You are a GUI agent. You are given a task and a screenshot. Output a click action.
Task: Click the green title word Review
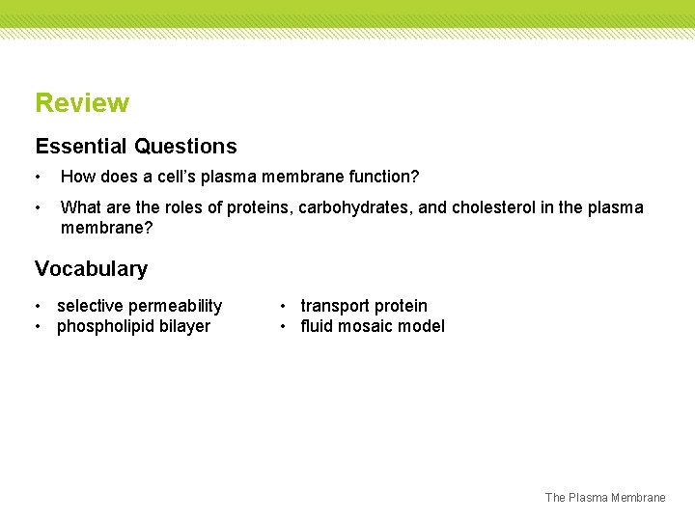point(82,103)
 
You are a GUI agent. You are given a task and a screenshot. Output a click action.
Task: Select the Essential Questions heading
point(136,147)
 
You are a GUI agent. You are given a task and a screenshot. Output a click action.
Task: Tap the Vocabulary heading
point(91,269)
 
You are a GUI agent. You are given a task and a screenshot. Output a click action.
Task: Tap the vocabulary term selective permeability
point(139,306)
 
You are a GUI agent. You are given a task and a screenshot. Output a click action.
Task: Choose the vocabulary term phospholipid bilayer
point(133,326)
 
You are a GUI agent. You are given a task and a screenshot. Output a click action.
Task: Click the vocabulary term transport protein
point(364,306)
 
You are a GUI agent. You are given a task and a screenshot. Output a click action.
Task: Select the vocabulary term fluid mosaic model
point(373,326)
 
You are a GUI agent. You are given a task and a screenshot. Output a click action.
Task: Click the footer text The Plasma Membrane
point(605,498)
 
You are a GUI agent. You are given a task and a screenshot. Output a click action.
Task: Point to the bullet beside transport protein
point(284,306)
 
